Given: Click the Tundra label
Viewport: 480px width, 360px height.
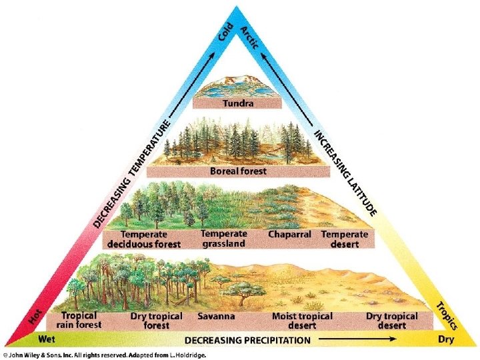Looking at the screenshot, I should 237,103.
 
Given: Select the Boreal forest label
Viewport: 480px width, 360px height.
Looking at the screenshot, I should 238,171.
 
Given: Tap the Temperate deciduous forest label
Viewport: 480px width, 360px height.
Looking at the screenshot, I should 150,239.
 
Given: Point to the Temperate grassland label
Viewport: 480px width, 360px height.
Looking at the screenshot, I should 223,239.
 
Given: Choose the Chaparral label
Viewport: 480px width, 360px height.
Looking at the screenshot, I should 291,235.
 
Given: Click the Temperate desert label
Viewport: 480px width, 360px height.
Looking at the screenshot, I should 344,239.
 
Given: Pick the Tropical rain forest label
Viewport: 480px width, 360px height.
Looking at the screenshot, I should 81,320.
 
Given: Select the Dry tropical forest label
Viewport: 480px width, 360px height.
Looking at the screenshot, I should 157,321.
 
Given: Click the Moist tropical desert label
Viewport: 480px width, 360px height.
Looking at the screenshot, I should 302,321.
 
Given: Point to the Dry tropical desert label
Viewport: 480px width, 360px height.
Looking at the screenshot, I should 392,321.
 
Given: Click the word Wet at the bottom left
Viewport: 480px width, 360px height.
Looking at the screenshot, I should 47,339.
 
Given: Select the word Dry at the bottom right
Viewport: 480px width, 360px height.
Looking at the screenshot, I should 445,339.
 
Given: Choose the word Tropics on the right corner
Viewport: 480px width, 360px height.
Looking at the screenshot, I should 445,315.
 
